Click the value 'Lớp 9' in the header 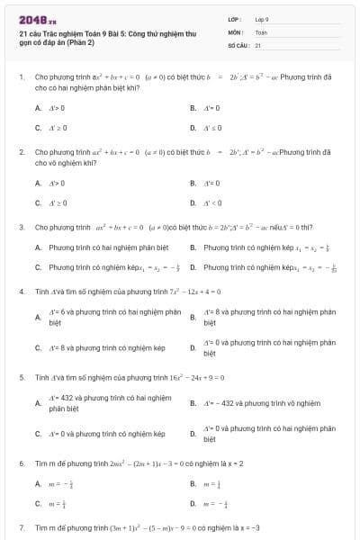(x=262, y=19)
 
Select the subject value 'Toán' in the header (x=261, y=31)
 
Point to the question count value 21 (x=258, y=44)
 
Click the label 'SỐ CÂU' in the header (x=238, y=44)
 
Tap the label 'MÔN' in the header (x=235, y=31)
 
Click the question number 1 (x=21, y=78)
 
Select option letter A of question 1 (x=38, y=108)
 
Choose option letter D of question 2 (x=193, y=202)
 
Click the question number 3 (x=21, y=228)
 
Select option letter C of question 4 (x=38, y=347)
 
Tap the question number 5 (x=21, y=378)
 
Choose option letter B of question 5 (x=193, y=403)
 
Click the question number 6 (x=21, y=463)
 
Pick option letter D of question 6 (x=193, y=504)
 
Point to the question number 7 (x=21, y=527)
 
